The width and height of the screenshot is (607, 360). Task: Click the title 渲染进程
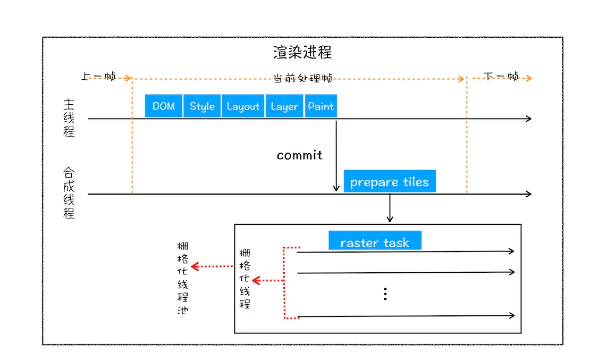tap(302, 53)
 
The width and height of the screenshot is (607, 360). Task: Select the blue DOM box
tap(164, 106)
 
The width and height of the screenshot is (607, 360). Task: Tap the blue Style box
tap(202, 106)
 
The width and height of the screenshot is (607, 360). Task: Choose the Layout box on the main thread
tap(243, 106)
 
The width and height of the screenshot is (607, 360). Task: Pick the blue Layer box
tap(284, 106)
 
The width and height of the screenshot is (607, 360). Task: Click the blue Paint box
tap(321, 106)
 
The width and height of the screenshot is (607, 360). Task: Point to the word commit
tap(299, 155)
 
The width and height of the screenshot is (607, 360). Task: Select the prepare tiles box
tap(389, 182)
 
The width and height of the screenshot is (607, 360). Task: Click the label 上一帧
tap(98, 77)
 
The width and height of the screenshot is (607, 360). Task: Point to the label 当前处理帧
tap(302, 78)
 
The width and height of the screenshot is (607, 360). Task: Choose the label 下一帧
tap(501, 77)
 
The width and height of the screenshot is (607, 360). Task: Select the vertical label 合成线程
tap(69, 193)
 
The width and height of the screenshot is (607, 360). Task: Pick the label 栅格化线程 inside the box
tap(245, 279)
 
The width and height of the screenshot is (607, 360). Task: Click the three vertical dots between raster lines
tap(385, 294)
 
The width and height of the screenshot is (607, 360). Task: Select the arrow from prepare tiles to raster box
tap(390, 208)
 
